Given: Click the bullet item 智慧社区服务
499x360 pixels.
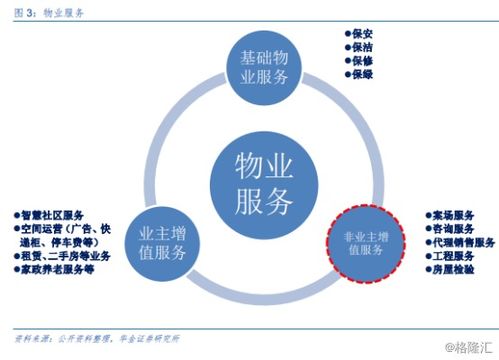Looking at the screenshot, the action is point(54,214).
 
